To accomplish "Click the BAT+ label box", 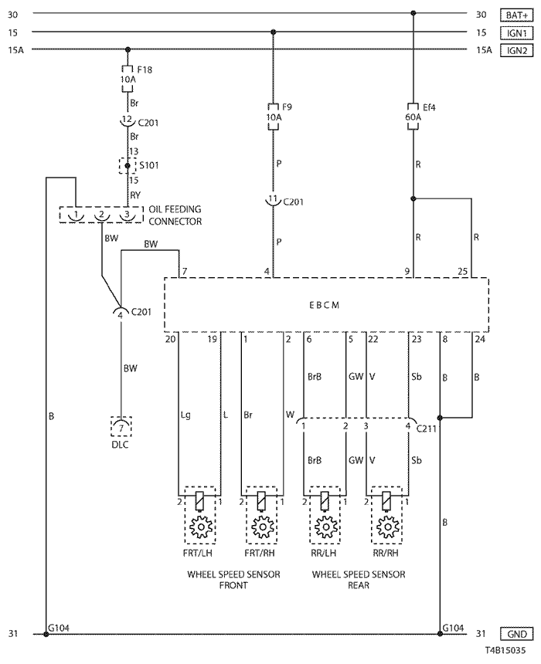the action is [x=516, y=15].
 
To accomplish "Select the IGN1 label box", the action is [x=516, y=32].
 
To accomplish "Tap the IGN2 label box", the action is [x=516, y=50].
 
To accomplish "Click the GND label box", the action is [x=516, y=634].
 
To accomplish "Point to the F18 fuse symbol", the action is [x=128, y=78].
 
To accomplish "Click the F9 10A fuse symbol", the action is [x=273, y=116].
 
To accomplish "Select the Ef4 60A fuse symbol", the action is [x=413, y=116].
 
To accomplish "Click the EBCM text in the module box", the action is [x=325, y=305].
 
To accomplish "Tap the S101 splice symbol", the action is [x=128, y=165].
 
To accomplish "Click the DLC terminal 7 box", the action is [x=121, y=427].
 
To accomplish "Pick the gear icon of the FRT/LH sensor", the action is [x=200, y=527].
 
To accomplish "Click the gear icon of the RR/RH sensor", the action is [x=387, y=527].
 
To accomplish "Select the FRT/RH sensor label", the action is [x=260, y=553].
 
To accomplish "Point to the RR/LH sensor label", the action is [x=324, y=553].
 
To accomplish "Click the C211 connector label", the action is [x=426, y=429].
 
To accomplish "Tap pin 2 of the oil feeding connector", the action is [x=101, y=215].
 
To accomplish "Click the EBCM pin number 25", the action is [x=463, y=272].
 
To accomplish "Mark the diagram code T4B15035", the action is [x=505, y=650].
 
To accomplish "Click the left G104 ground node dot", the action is [x=46, y=635].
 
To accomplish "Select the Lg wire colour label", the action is [x=185, y=415].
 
